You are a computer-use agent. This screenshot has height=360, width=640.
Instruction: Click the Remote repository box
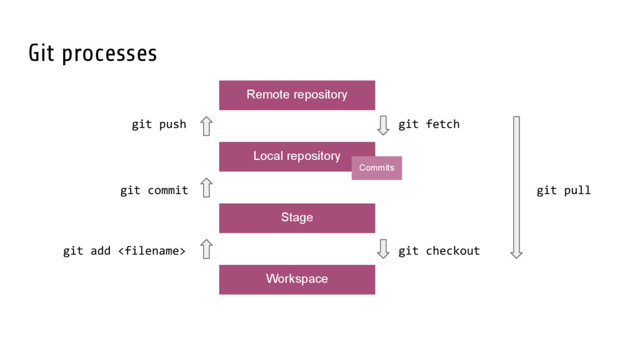tap(297, 95)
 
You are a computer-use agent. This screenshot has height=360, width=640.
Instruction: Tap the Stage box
tap(297, 218)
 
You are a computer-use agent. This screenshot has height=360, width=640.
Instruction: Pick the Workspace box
tap(297, 279)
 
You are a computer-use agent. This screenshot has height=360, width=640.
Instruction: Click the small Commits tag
tap(377, 167)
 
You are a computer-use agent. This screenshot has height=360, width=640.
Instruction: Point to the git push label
tap(159, 124)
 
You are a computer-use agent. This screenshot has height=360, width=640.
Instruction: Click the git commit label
tap(154, 190)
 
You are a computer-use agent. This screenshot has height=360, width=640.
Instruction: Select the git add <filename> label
tap(124, 251)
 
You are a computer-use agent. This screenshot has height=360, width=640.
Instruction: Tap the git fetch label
tap(429, 124)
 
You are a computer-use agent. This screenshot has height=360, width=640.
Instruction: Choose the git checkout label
tap(439, 251)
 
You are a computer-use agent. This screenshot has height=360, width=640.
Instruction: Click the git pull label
tap(564, 190)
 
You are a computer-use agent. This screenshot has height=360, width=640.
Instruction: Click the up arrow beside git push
tap(206, 126)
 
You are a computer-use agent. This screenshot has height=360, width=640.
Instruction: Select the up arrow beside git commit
tap(206, 187)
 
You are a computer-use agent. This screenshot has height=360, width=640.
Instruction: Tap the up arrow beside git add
tap(206, 249)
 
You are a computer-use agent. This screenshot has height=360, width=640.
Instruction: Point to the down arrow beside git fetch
tap(383, 125)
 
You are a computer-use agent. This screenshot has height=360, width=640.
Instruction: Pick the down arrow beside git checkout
tap(383, 249)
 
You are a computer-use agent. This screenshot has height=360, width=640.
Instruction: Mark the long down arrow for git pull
tap(516, 187)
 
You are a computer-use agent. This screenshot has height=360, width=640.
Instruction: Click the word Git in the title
tap(41, 53)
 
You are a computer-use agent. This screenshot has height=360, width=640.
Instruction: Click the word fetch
tap(443, 124)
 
